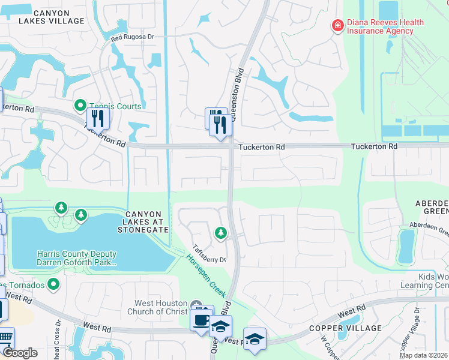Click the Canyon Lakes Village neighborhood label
(51, 17)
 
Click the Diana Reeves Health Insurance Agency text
(386, 27)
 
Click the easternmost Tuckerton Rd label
(374, 146)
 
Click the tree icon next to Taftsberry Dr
(221, 232)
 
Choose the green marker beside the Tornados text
(53, 284)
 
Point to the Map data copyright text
(424, 355)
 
